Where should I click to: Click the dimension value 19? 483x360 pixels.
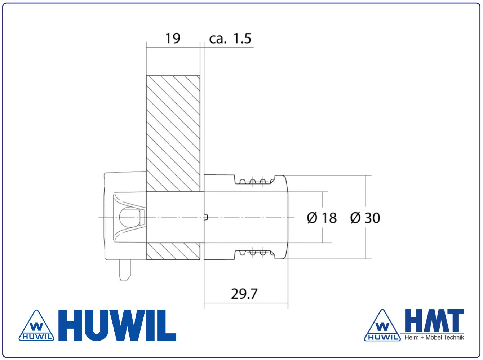(x=173, y=38)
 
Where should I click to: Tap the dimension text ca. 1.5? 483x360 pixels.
(x=230, y=38)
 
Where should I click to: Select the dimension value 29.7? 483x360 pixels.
(x=244, y=294)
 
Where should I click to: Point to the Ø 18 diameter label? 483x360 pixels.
(x=322, y=218)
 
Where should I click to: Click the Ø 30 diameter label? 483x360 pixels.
(x=365, y=218)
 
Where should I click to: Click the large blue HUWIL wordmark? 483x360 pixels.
(x=117, y=325)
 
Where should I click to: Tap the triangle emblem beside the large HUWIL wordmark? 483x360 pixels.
(x=36, y=325)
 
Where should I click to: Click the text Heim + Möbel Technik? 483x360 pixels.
(x=434, y=338)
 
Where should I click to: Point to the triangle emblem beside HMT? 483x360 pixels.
(x=382, y=325)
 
